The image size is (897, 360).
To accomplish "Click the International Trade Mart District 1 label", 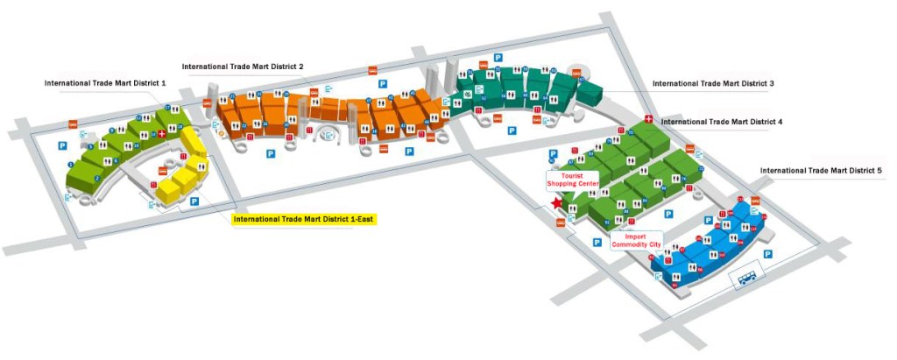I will click(105, 82).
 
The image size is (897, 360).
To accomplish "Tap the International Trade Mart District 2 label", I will click(243, 67).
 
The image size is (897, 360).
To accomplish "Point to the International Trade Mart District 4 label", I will click(721, 122).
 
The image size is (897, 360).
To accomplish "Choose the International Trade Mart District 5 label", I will click(820, 170).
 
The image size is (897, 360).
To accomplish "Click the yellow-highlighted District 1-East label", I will click(304, 219).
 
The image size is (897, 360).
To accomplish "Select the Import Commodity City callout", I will click(636, 239).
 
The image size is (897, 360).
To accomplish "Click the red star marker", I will click(556, 203).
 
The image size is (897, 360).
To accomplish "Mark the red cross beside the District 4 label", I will click(648, 119).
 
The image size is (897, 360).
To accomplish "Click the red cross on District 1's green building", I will click(161, 134).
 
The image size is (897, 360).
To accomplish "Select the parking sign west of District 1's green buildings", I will click(62, 145).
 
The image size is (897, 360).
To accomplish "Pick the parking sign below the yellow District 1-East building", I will click(194, 201).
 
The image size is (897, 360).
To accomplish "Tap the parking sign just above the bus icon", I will click(767, 254).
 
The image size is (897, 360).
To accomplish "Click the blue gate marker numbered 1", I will click(70, 164).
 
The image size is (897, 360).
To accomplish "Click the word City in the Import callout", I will click(651, 244).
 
